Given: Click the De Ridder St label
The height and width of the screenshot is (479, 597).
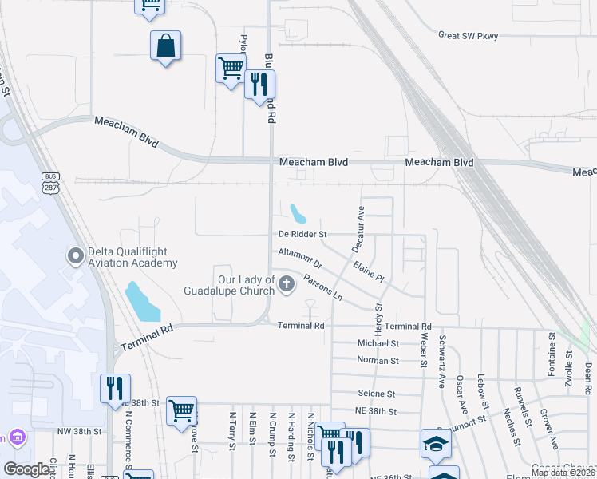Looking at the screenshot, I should point(302,235).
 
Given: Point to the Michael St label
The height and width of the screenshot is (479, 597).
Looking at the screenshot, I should point(378,343).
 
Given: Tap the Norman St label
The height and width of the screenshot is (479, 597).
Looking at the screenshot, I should point(378,361).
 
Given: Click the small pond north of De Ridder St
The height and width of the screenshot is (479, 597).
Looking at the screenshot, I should point(298,213).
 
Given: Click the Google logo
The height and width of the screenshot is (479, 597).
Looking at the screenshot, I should point(26,469).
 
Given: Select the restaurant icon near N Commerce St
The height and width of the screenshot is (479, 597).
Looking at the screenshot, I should point(114,389).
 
